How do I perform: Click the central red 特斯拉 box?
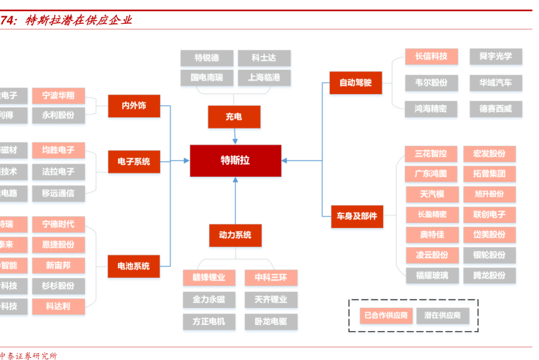coord(235,160)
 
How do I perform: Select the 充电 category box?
coord(234,116)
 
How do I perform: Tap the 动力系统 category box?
coord(235,235)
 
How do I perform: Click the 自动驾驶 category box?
coord(356,83)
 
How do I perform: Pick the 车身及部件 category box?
coord(356,216)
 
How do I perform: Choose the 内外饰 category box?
coord(133,106)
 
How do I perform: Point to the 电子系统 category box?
coord(133,161)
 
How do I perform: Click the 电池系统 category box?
coord(133,266)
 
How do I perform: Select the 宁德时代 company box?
coord(58,225)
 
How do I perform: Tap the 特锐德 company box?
coord(206,58)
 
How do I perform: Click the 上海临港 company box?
coord(264,77)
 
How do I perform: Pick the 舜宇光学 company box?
coord(495,56)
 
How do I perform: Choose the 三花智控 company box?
coord(430,154)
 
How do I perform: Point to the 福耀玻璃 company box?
coord(430,275)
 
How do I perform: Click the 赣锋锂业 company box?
coord(208,278)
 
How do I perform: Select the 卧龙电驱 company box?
coord(270,321)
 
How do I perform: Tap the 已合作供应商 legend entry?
coord(385,316)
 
